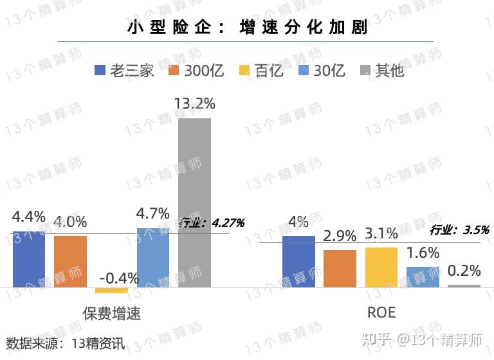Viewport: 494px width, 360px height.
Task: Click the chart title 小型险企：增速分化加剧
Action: [x=247, y=28]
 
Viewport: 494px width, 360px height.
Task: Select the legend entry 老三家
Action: [x=125, y=70]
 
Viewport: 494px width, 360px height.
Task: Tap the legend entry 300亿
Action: [x=196, y=70]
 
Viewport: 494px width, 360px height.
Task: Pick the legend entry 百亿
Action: [x=261, y=70]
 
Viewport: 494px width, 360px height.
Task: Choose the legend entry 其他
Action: [x=382, y=70]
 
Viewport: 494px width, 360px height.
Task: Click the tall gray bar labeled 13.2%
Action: [x=194, y=203]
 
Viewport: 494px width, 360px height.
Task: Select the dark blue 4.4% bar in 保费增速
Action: [x=28, y=259]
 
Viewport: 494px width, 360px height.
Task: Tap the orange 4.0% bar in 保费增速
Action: [x=70, y=261]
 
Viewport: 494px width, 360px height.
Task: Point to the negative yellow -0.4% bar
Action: [x=111, y=291]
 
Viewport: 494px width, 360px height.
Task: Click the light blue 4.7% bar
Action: [x=152, y=257]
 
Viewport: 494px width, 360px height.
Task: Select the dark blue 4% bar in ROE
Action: [x=298, y=261]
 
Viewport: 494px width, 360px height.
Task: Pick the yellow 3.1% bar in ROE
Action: [x=381, y=267]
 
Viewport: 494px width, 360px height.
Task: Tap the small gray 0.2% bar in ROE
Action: [x=464, y=286]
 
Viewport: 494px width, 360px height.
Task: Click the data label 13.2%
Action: [x=194, y=104]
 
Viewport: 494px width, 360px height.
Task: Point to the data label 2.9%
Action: [x=340, y=236]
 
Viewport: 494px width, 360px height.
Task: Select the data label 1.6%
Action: [x=423, y=253]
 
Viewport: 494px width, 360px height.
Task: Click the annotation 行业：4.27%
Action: [x=211, y=223]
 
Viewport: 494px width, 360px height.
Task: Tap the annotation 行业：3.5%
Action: [x=459, y=230]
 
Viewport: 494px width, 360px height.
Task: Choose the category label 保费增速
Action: [x=112, y=314]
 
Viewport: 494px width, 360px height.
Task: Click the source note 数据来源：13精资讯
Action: [x=65, y=343]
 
